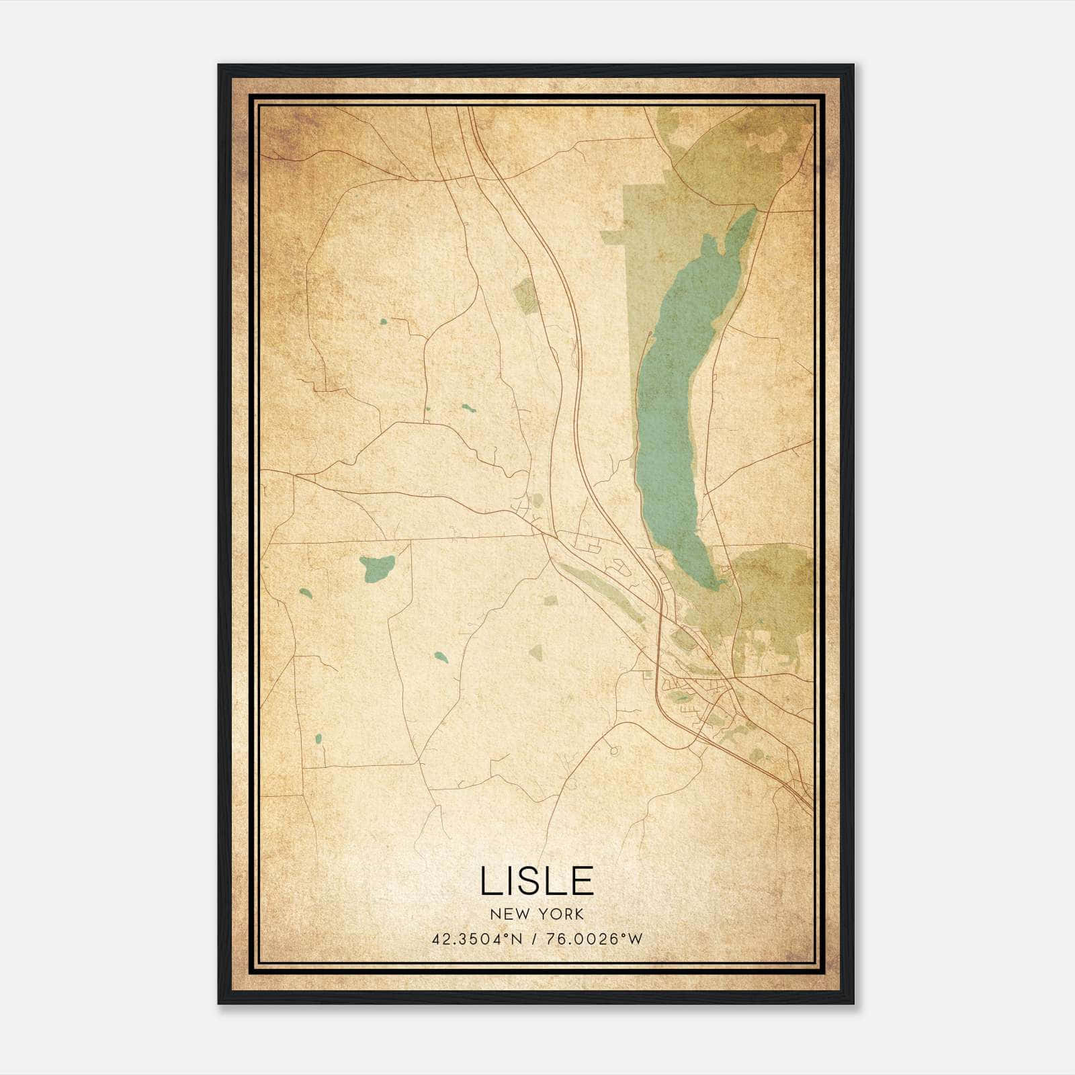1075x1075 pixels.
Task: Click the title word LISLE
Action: click(537, 881)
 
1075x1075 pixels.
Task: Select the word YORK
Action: click(559, 914)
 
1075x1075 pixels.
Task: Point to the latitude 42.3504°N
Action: click(477, 939)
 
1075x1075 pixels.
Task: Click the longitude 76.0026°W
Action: click(594, 939)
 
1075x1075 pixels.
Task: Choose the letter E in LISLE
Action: click(582, 881)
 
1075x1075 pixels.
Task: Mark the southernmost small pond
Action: click(318, 739)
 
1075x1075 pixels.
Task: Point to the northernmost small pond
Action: click(384, 322)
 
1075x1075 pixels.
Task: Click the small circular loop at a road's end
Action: click(613, 750)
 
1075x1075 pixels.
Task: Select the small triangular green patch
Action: click(535, 651)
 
